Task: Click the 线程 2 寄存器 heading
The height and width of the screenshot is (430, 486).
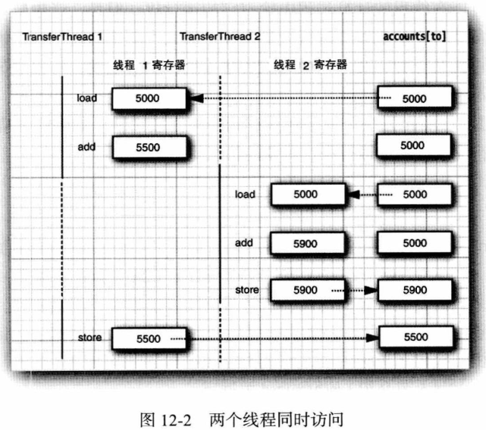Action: click(x=311, y=65)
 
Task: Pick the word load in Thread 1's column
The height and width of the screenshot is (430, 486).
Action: click(x=87, y=98)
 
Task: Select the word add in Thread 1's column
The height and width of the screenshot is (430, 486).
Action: click(x=86, y=146)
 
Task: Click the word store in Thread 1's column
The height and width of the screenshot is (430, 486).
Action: click(x=89, y=338)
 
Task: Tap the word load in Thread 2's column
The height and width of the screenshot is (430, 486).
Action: click(x=245, y=195)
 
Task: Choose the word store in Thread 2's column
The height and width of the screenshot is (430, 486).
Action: click(x=246, y=290)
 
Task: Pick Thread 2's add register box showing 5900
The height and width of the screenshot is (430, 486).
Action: click(x=306, y=243)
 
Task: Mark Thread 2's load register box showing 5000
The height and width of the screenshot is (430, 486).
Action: click(x=306, y=195)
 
